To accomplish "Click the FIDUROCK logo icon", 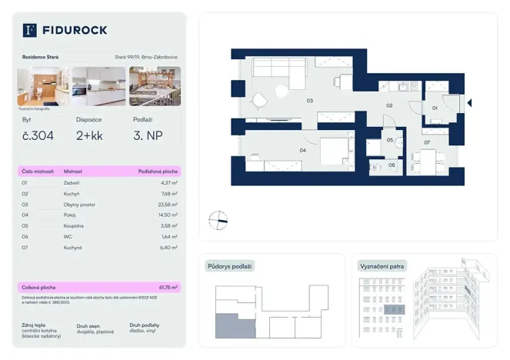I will coord(30,30).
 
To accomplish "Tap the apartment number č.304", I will coord(37,136).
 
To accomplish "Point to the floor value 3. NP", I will coord(147,136).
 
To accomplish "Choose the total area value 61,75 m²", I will coord(168,286).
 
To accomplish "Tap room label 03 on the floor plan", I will coord(310,101).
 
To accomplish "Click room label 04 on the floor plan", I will coord(302,150).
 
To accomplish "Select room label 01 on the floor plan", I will coord(435,108).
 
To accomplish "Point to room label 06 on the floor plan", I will coord(392,165).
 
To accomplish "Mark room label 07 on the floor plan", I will coord(427,142).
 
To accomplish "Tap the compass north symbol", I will coord(219,221).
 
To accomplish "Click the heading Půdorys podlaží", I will coord(230,266).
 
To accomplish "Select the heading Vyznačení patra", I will coord(383,266).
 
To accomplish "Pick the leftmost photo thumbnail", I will coord(43,85).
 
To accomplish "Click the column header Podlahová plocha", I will coord(157,171).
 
